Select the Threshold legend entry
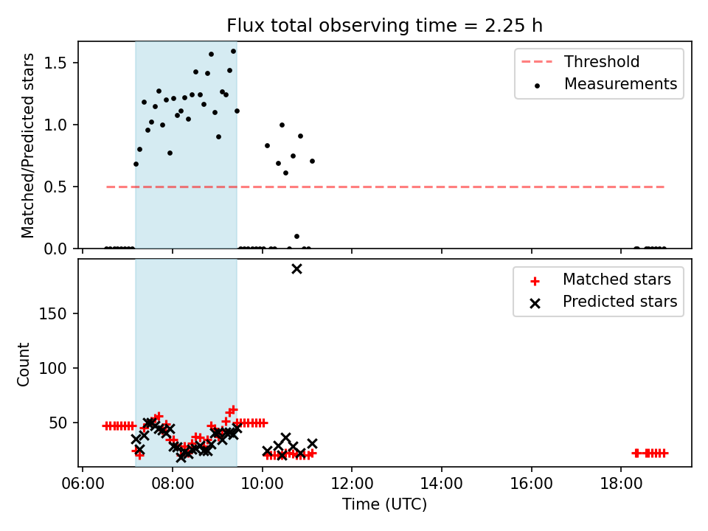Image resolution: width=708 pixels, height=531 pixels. point(580,61)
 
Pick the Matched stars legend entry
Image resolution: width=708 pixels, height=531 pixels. point(600,280)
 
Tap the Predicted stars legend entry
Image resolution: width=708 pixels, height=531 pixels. point(604,302)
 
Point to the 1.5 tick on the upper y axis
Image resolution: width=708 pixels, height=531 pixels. point(55,63)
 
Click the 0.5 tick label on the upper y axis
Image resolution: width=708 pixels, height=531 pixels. point(55,187)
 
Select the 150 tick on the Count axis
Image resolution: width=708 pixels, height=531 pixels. point(52,313)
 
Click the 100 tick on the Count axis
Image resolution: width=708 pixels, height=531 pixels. point(52,368)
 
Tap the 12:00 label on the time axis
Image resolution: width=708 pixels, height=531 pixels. point(352,484)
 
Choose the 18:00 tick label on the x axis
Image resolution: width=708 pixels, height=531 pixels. point(621,484)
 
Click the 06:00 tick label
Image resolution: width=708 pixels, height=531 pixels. point(82,484)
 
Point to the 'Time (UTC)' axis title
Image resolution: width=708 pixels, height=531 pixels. point(385,504)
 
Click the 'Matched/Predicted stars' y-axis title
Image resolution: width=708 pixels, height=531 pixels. point(27,145)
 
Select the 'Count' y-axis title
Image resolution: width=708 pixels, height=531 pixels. point(23,364)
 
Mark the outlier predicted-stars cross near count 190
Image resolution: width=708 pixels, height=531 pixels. point(296,269)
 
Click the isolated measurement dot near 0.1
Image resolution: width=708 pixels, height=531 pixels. point(296,236)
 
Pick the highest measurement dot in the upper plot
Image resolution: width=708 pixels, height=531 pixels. point(234,52)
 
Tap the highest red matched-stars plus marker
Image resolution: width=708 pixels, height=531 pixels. point(234,409)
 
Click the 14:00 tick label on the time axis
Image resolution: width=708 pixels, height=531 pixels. point(442,484)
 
